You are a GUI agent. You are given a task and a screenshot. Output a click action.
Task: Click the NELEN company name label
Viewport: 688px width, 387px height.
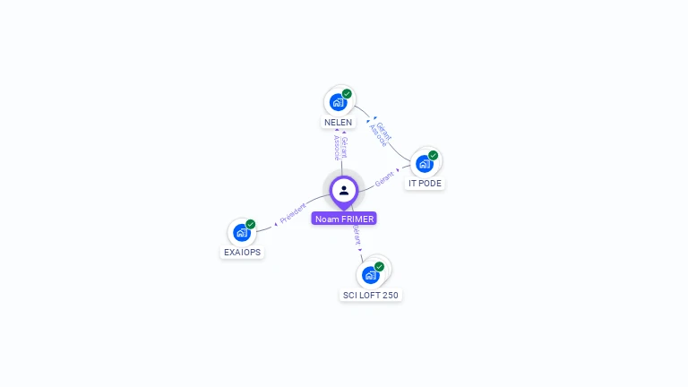tap(338, 122)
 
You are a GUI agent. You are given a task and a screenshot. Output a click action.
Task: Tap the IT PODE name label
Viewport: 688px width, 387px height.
tap(425, 183)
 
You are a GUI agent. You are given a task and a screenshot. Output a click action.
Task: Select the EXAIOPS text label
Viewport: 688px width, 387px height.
tap(242, 252)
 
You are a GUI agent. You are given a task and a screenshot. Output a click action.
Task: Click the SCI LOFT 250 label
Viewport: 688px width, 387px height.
tap(371, 295)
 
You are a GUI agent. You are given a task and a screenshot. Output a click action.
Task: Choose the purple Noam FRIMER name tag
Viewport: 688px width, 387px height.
tap(344, 219)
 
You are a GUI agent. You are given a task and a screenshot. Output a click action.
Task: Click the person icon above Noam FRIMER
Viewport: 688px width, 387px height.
tap(344, 190)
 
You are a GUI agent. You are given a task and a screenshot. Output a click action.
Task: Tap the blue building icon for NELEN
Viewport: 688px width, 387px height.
tap(337, 102)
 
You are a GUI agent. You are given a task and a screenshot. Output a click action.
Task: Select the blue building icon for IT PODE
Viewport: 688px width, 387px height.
tap(424, 164)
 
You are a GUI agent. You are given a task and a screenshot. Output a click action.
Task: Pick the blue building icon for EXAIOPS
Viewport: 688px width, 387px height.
tap(240, 232)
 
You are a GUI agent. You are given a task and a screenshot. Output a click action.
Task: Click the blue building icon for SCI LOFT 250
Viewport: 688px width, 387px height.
tap(370, 275)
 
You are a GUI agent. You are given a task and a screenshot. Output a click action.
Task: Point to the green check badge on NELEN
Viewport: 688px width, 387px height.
tap(347, 93)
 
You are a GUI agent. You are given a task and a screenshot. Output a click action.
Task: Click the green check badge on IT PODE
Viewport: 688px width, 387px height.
tap(434, 155)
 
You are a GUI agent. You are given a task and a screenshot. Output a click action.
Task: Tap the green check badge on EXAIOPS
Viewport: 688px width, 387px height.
tap(250, 224)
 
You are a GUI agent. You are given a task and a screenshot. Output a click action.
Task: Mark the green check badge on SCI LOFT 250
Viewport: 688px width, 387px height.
tap(379, 266)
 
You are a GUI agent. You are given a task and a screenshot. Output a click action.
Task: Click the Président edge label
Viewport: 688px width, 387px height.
tap(293, 213)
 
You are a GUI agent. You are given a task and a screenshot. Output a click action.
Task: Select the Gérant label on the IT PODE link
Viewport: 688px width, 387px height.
tap(384, 177)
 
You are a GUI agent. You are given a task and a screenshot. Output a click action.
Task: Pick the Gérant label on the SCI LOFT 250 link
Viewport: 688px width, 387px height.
tap(357, 236)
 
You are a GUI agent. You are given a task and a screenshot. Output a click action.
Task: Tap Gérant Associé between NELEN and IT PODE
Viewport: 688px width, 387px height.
tap(380, 133)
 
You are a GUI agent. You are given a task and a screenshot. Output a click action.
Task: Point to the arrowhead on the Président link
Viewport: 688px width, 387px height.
tap(276, 222)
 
